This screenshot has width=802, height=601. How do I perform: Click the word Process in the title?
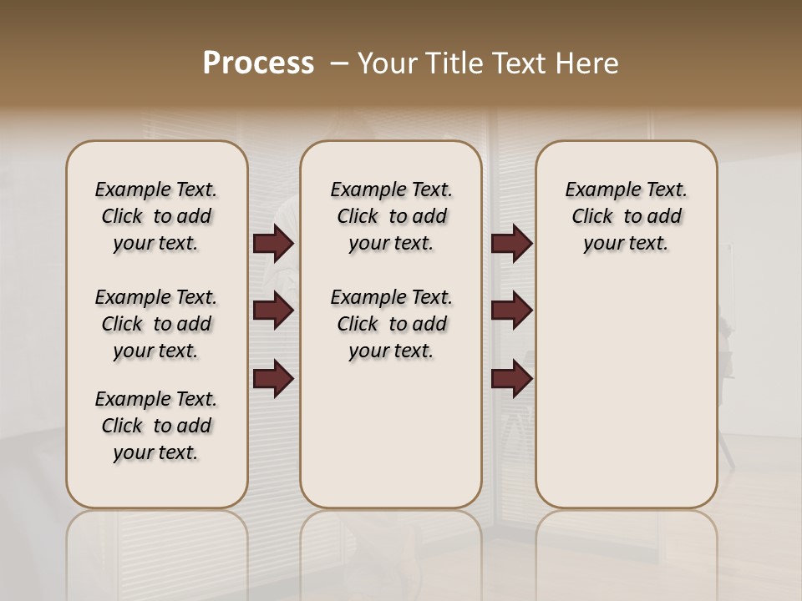pos(258,63)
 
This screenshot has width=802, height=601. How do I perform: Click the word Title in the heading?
pos(453,63)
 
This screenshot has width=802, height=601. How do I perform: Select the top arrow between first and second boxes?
pos(273,244)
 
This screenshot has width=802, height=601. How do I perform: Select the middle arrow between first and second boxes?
pos(273,311)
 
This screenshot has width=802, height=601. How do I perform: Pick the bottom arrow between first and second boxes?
pos(273,379)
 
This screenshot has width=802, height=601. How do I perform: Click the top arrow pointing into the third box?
pos(511,244)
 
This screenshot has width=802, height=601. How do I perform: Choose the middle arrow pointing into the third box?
pos(511,311)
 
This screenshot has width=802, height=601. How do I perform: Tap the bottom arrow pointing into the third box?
pos(511,379)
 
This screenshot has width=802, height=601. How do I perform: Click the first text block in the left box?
pos(156,216)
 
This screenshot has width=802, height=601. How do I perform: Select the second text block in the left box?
pos(156,324)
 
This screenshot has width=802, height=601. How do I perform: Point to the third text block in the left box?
pos(156,426)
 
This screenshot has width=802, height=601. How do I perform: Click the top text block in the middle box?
pos(391,216)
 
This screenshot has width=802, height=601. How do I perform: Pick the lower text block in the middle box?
pos(391,324)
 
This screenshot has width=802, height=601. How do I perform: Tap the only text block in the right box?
pos(626,216)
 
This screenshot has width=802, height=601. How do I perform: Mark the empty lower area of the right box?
pos(626,384)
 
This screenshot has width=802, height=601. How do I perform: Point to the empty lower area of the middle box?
pos(391,434)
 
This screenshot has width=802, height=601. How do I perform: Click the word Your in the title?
pos(386,63)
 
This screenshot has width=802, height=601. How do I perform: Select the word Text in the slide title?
pos(519,63)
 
